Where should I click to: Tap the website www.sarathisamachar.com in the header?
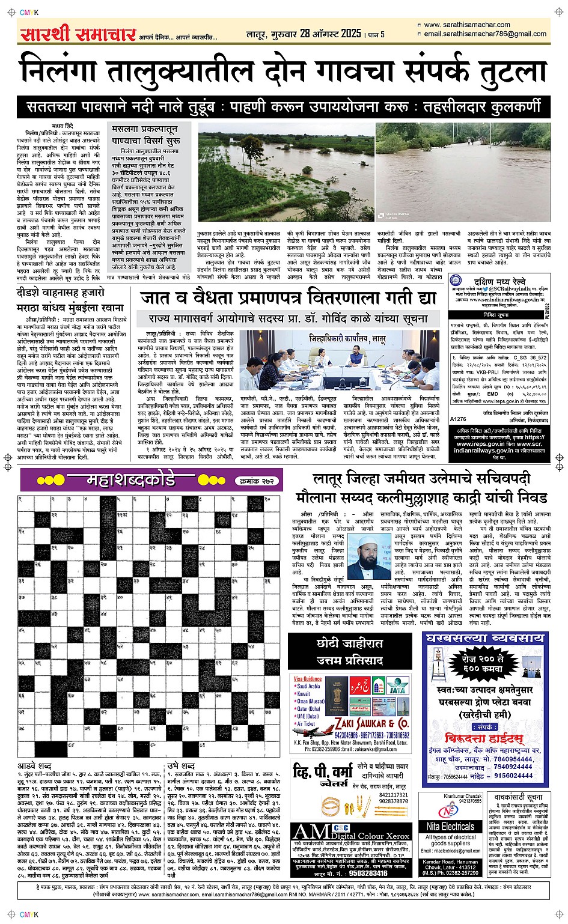tap(466, 25)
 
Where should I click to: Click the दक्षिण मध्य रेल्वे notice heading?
tap(499, 281)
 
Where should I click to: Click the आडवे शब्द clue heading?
tap(35, 767)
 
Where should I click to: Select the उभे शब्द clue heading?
tap(181, 767)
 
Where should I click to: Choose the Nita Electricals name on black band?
tap(450, 827)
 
